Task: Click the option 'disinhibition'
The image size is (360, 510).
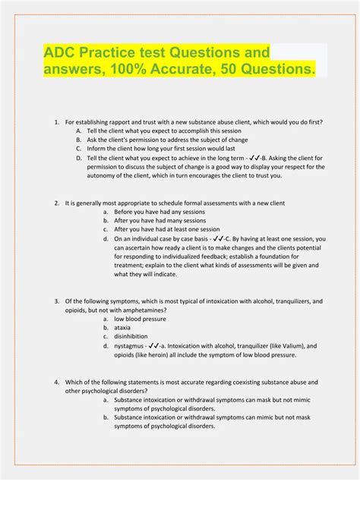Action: pyautogui.click(x=131, y=337)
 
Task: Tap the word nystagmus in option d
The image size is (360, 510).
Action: pyautogui.click(x=130, y=346)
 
